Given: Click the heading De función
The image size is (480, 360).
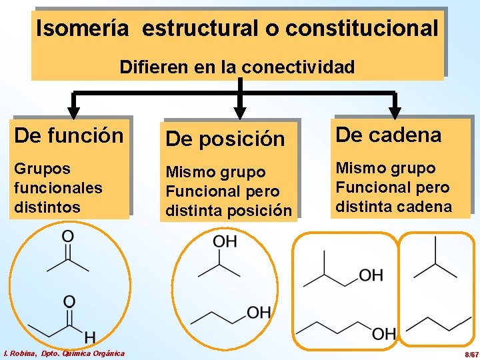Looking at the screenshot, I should coord(69,135).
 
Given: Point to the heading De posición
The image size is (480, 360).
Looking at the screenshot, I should coord(225,139).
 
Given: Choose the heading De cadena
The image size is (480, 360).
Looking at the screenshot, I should coord(388,135).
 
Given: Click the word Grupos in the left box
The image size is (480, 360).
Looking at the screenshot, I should coord(42,168).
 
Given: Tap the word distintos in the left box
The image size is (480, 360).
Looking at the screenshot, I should coord(47,207).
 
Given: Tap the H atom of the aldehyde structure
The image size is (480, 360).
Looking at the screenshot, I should coord(89,337).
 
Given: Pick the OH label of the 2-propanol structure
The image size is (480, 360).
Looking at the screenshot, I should coord(225,241).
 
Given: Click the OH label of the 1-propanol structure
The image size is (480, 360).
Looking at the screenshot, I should coord(259,312).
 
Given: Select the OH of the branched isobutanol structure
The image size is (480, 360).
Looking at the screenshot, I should coord(371,275).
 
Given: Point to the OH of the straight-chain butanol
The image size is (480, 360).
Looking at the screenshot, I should coord(384,333).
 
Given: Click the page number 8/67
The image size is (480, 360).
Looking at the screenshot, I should coord(471,353).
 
